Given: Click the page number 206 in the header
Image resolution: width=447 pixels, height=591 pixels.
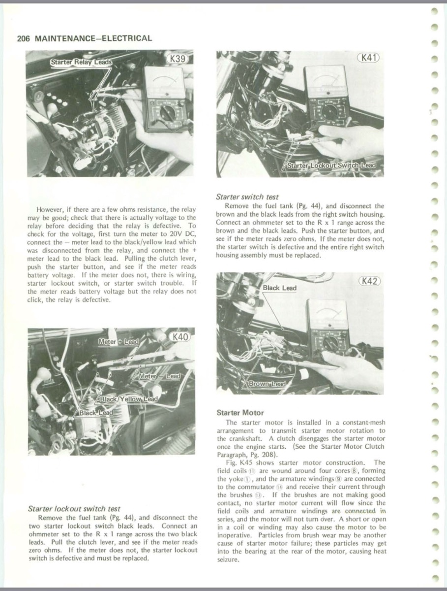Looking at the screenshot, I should [x=23, y=38].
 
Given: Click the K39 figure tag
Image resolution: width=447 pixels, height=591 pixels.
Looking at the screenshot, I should [x=178, y=59].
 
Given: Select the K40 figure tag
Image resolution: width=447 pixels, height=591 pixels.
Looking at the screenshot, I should [x=179, y=337].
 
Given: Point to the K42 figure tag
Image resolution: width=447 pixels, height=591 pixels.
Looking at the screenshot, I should [x=369, y=281].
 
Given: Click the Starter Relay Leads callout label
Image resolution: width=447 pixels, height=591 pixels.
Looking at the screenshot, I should [x=81, y=62].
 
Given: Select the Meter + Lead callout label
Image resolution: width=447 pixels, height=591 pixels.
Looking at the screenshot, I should [x=119, y=341].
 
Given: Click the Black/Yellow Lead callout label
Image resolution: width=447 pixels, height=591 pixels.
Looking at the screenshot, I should [x=129, y=399].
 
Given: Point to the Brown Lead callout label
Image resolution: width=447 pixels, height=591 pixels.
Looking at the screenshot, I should [x=267, y=384].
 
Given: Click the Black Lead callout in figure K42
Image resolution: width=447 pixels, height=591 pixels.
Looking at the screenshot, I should [x=279, y=288].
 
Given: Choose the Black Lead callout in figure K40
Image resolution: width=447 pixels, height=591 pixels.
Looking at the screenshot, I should [x=96, y=413].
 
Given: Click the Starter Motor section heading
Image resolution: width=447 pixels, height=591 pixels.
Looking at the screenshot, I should [x=240, y=413].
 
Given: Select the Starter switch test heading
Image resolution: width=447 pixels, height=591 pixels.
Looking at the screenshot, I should [x=247, y=197].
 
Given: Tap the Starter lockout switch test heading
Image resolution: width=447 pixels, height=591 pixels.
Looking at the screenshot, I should [x=74, y=508].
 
